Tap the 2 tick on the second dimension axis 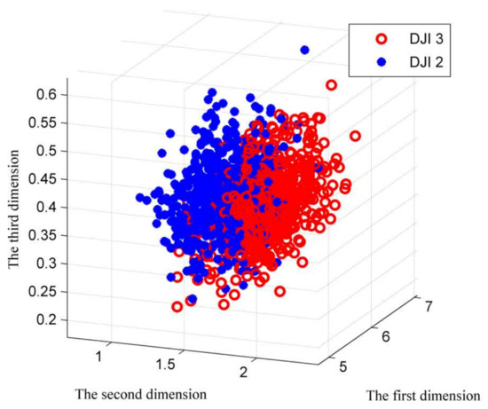255,373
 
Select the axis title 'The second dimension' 142,392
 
